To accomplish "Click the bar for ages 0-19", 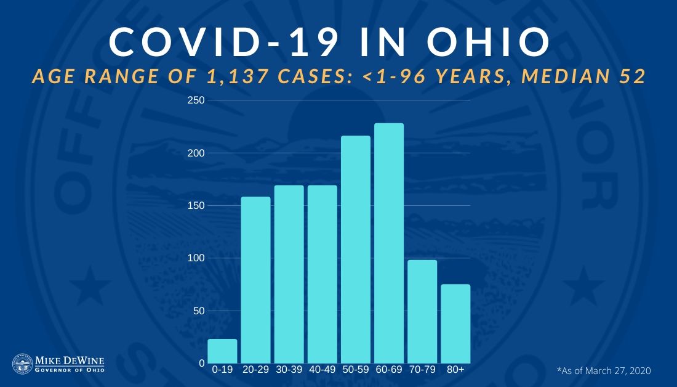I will click(x=222, y=351).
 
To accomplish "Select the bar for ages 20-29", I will click(x=255, y=280).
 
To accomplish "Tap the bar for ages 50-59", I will click(x=356, y=250).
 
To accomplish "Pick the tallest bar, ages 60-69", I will click(x=389, y=243).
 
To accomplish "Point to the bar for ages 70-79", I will click(x=422, y=312).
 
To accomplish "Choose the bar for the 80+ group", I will click(x=455, y=324).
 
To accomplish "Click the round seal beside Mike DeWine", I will click(x=23, y=364).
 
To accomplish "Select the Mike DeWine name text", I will click(x=69, y=359).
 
